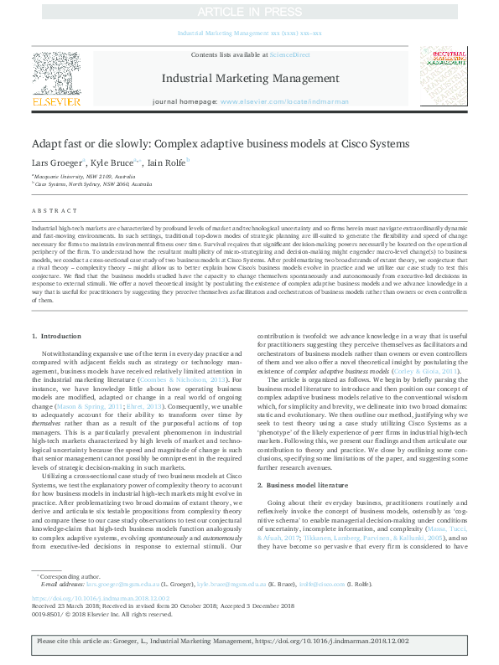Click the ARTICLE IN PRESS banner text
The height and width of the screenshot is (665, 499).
click(x=249, y=11)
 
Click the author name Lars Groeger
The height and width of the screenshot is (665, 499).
click(x=56, y=162)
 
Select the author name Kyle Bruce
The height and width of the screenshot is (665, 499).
click(x=114, y=162)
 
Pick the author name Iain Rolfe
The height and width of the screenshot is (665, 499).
click(x=167, y=162)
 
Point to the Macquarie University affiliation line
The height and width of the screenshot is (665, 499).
click(x=81, y=177)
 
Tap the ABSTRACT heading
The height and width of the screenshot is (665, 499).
click(x=52, y=211)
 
